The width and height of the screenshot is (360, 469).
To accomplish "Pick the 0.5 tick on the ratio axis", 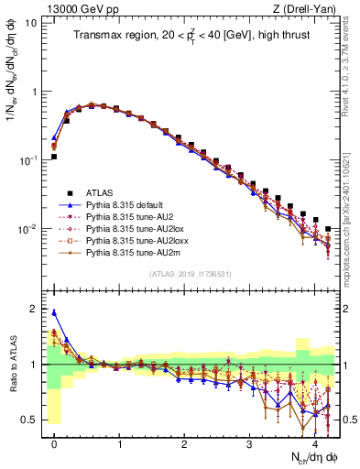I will coord(32,420).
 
